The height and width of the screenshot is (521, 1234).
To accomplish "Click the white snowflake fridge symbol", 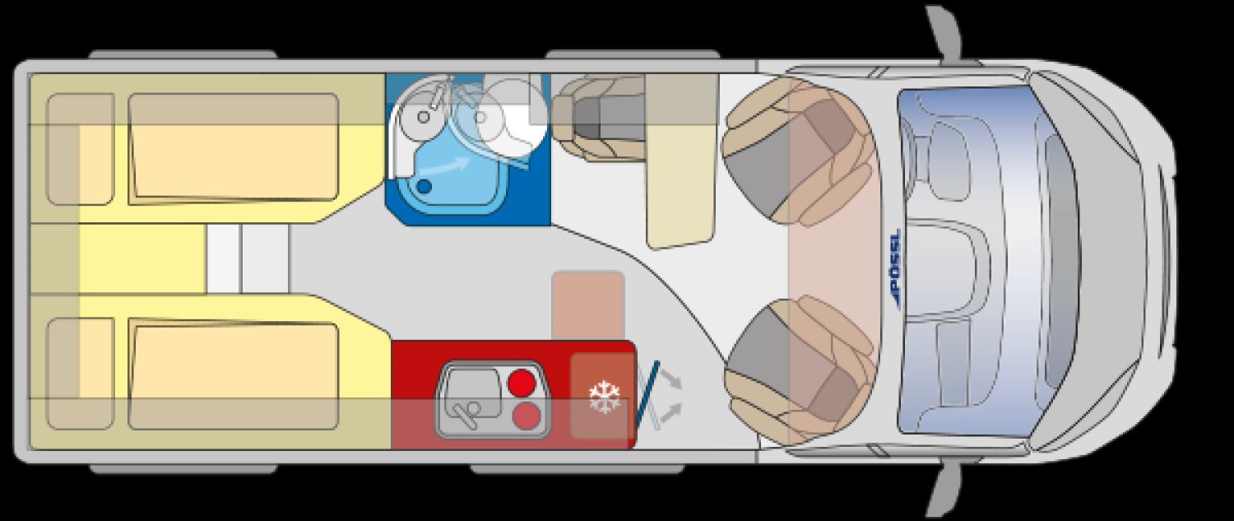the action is [605, 397].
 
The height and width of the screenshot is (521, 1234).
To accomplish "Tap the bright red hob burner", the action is [522, 384].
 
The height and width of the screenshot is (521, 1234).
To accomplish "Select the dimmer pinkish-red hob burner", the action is [527, 416].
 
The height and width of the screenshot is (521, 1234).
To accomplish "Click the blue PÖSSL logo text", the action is [894, 267].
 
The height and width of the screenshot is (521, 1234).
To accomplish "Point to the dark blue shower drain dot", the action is [424, 186].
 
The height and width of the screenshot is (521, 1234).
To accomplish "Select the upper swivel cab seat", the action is [799, 150].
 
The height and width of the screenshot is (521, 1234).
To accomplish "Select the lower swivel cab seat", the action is [799, 370].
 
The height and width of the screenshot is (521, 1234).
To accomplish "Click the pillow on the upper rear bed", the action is [81, 149].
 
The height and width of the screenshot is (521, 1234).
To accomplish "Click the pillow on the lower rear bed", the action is [81, 373].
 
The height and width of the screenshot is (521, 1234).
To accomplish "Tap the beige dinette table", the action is [681, 161].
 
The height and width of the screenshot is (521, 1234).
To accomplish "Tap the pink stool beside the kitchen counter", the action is [588, 305].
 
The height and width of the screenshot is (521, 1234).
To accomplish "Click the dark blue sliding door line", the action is [647, 394].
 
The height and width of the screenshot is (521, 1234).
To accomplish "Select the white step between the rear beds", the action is [248, 259].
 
